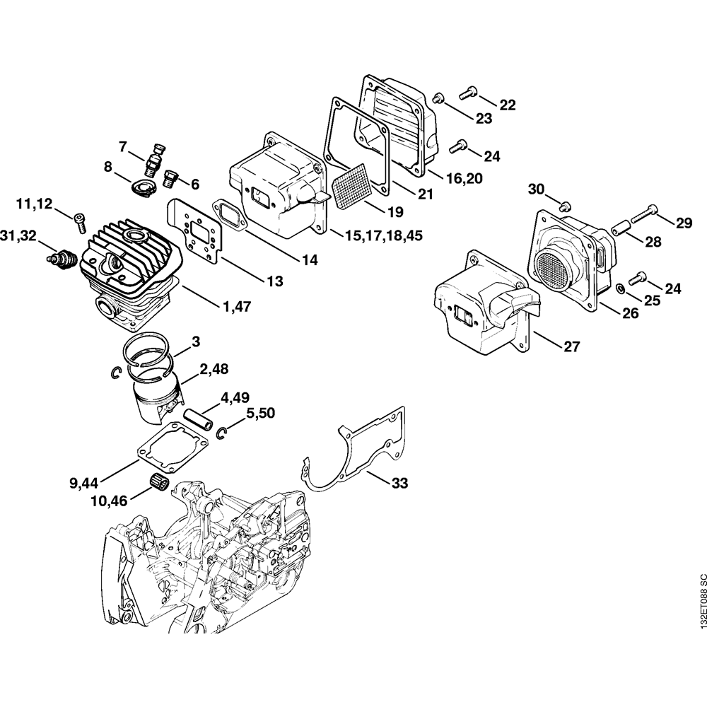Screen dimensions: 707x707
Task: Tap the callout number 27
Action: tap(572, 346)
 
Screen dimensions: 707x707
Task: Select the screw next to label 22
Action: tap(468, 91)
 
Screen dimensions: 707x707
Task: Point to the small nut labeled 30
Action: tap(563, 206)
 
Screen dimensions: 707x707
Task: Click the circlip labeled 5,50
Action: tap(221, 433)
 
